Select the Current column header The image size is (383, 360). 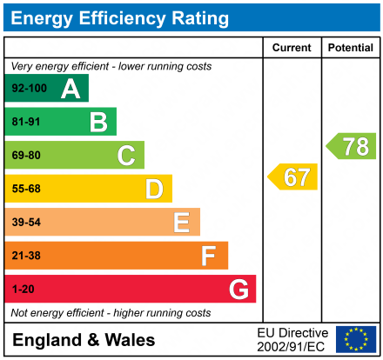coord(292,48)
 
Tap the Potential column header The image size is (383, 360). coord(350,48)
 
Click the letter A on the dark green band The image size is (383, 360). coord(71,89)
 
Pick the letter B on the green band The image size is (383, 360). coord(98,122)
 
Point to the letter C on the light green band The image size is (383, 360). coord(126,156)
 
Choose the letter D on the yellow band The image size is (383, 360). coord(154,189)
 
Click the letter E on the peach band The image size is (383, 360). coord(181,223)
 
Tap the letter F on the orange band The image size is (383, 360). coord(209,256)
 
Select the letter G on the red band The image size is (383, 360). coord(238,289)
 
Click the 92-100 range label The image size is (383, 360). coord(29,89)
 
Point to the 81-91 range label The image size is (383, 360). coord(26,123)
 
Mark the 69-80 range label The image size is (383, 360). coord(26,156)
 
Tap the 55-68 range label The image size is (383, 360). coord(26,189)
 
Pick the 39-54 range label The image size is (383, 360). coord(26,223)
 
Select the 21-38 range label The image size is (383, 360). coord(26,256)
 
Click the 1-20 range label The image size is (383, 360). coord(23,289)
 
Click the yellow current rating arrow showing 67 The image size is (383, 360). coord(293,177)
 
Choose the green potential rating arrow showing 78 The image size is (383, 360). coord(353,146)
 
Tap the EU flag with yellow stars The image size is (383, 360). coord(356,339)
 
